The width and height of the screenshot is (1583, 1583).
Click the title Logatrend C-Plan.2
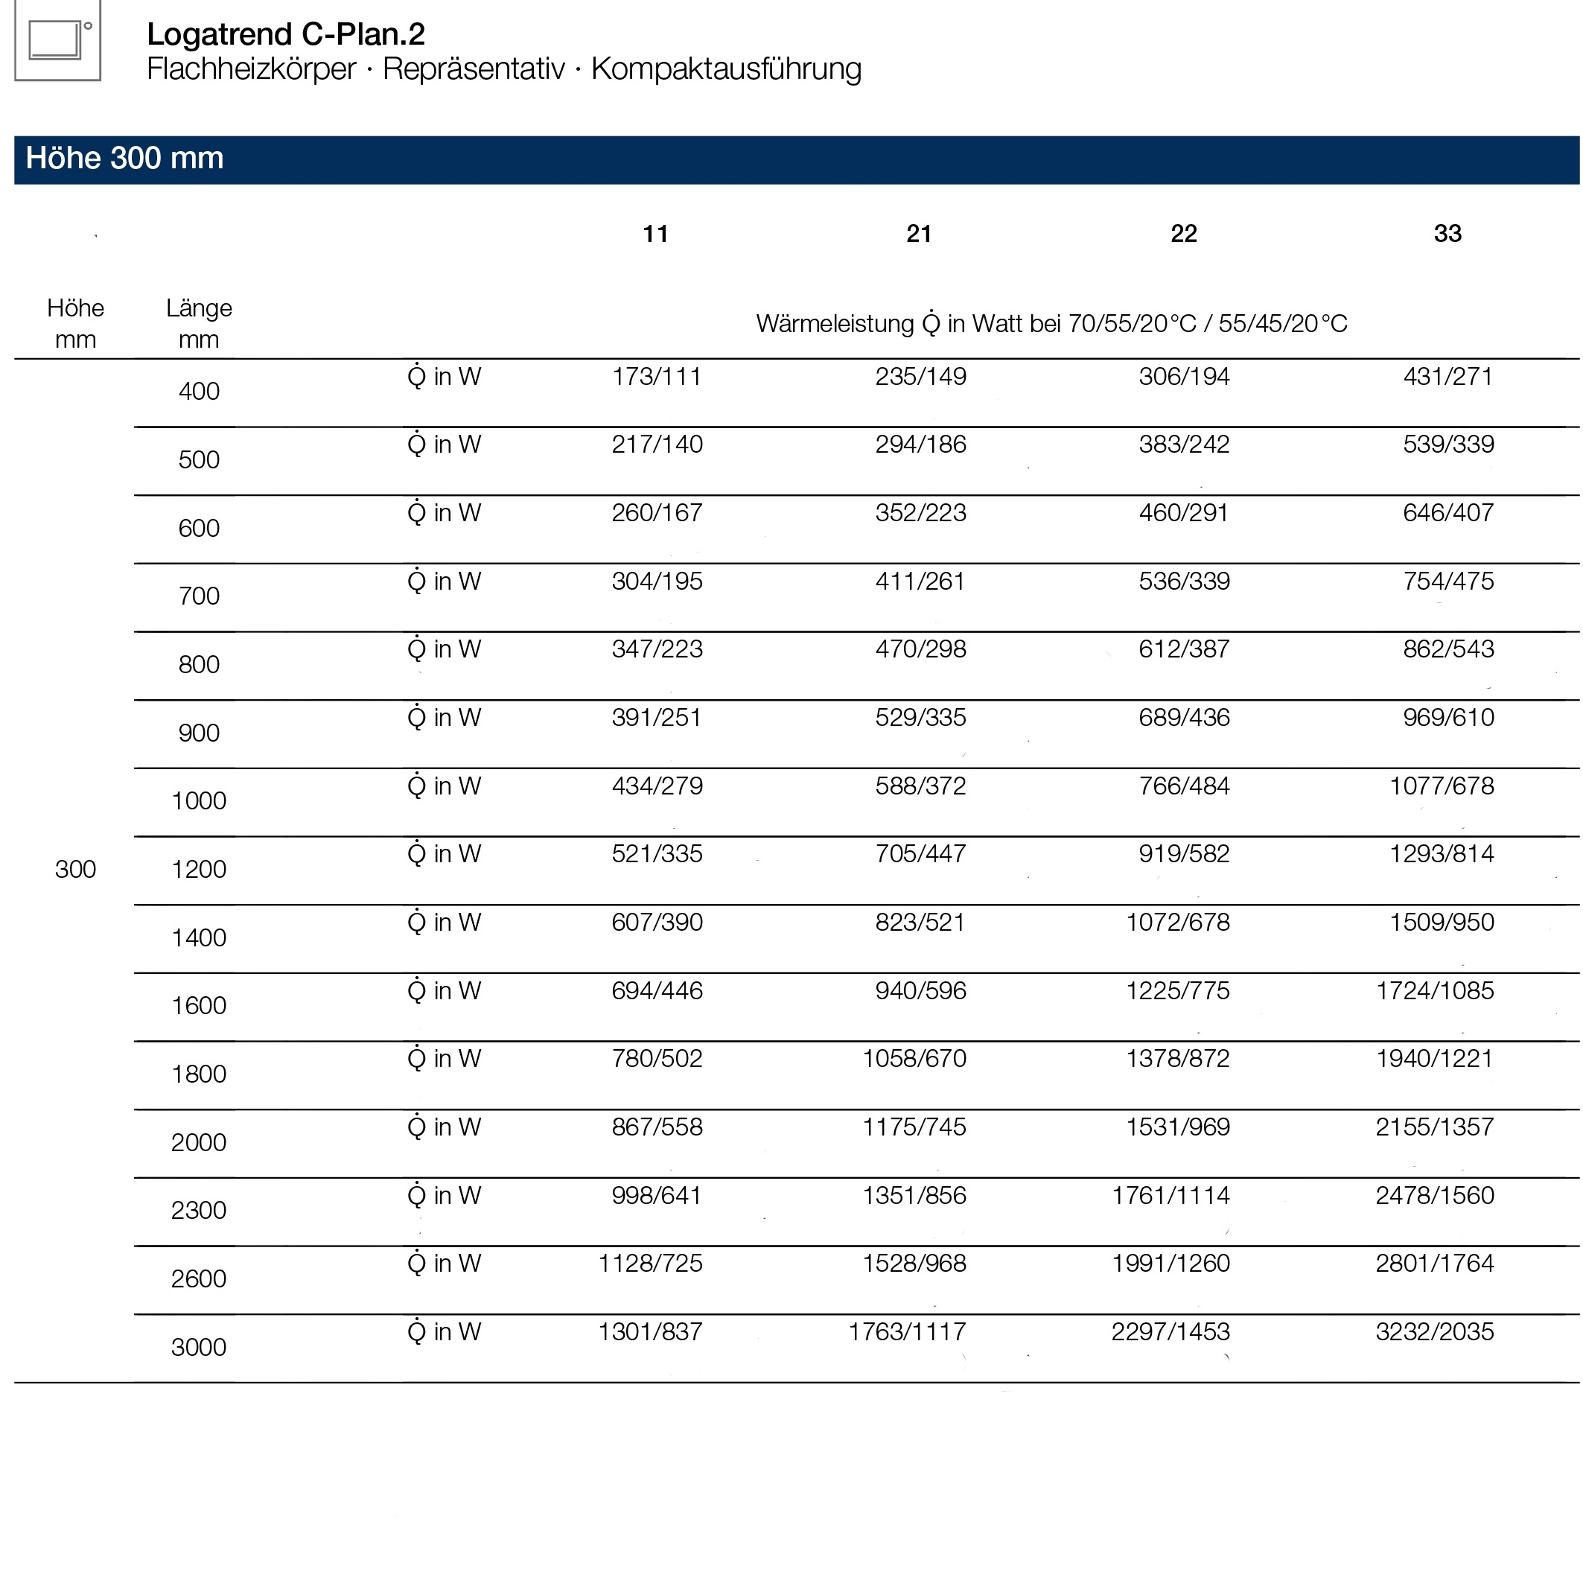pos(285,34)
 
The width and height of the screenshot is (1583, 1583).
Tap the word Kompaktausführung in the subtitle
pos(726,69)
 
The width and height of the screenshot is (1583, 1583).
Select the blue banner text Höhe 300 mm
pos(124,158)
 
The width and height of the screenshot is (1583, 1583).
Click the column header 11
pos(655,235)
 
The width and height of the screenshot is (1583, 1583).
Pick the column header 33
pos(1447,235)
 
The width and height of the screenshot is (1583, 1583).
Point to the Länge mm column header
pos(199,324)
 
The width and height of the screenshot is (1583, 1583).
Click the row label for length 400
pos(199,392)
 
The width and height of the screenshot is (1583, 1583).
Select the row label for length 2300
pos(199,1210)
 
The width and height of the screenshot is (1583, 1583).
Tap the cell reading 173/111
pos(657,377)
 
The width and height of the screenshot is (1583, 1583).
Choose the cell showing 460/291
pos(1184,513)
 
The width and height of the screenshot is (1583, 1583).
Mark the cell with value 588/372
pos(920,786)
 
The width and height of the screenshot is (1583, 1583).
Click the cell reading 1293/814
pos(1442,855)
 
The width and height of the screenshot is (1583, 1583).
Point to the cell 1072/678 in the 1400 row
pos(1177,923)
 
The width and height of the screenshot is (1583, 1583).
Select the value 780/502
pos(657,1059)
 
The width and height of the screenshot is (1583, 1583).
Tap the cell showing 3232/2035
pos(1435,1332)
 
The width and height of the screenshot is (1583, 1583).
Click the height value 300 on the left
pos(75,870)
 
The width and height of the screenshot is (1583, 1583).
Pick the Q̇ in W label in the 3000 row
pos(444,1332)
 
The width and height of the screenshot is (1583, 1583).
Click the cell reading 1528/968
pos(914,1264)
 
